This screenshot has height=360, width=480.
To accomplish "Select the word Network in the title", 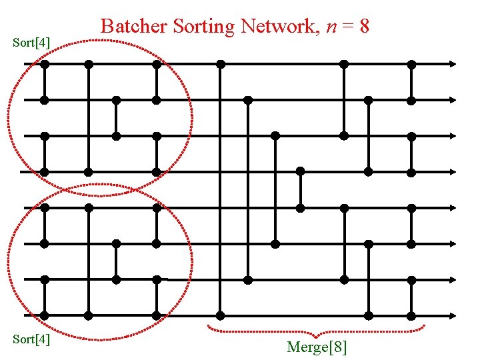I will click(274, 27).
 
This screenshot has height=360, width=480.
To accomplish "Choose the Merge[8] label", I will click(317, 347).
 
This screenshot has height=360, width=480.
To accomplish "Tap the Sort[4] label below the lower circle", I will click(31, 339).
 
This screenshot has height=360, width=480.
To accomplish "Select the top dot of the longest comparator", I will click(220, 65).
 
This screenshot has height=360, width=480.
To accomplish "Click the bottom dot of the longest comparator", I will click(220, 315).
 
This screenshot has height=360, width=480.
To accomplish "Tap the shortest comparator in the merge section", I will click(301, 189).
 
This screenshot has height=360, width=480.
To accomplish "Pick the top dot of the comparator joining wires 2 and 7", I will click(248, 100).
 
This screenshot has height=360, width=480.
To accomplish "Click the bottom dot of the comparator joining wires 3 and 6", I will click(275, 243).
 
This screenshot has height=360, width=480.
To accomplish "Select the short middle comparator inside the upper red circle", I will click(116, 118).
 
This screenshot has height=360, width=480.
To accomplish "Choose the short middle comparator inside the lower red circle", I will click(116, 261).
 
